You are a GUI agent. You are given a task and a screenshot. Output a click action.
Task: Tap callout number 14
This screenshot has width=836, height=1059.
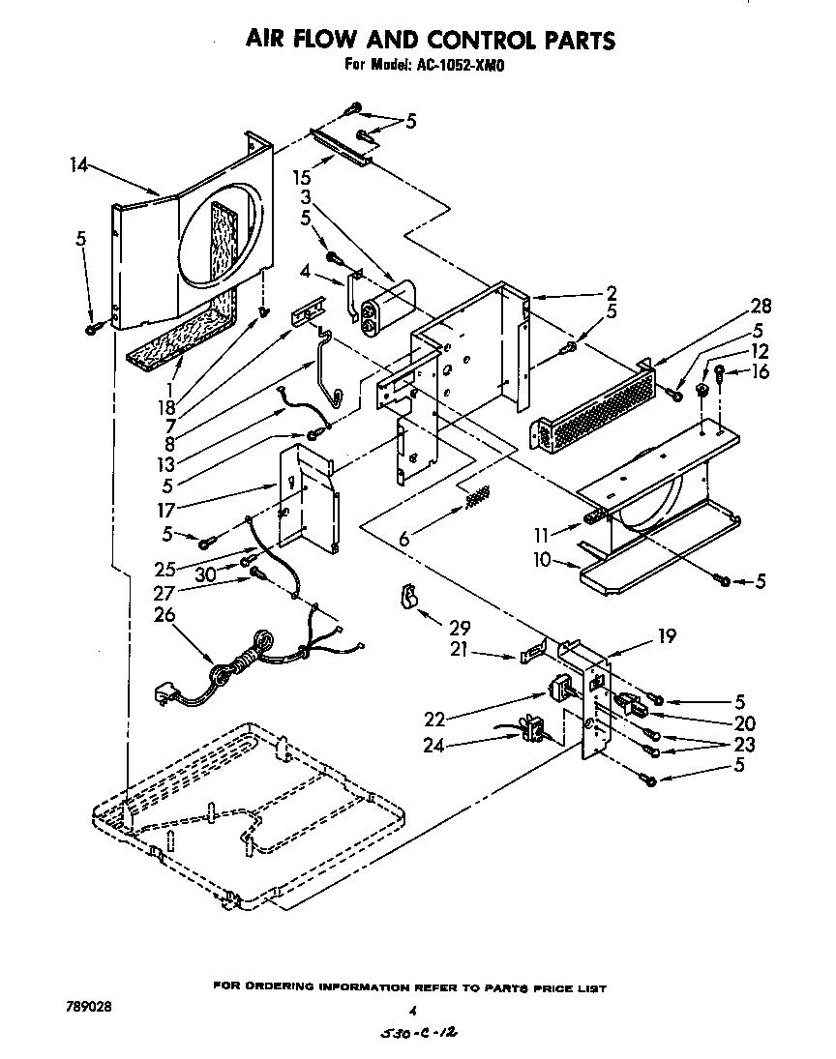[x=80, y=164]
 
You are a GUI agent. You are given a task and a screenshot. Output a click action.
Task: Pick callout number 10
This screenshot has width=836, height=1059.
[x=541, y=560]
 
